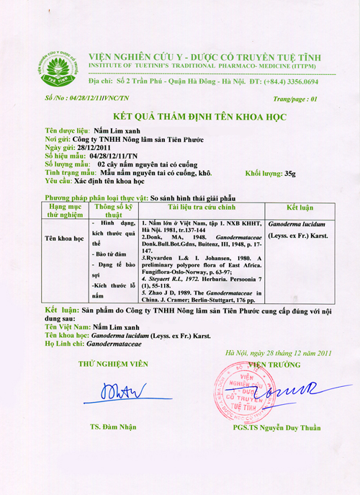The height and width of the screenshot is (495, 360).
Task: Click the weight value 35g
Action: (x=289, y=174)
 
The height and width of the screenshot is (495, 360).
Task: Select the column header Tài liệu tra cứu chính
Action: (x=202, y=206)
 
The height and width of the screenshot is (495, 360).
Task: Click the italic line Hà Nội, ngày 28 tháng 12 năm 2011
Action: (x=278, y=353)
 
